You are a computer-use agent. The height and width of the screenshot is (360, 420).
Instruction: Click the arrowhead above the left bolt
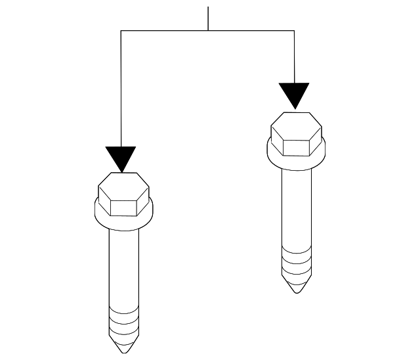coord(121,158)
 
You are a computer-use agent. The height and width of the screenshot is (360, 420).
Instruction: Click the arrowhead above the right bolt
coord(294,94)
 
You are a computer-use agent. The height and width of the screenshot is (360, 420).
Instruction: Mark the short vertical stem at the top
coord(208,18)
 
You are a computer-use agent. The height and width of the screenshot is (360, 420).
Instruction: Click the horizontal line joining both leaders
coord(208,30)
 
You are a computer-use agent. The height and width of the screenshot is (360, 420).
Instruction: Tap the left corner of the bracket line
coord(121,30)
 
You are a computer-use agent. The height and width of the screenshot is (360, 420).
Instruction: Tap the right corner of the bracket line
coord(294,30)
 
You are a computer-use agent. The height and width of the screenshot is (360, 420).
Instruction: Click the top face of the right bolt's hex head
coord(297,122)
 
